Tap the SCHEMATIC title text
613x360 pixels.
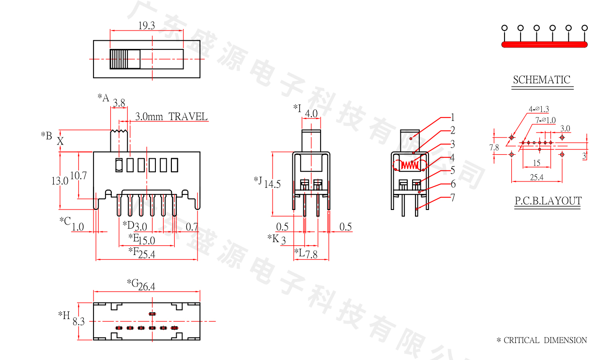542,80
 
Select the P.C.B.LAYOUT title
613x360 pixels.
548,201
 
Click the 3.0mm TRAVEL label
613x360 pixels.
171,117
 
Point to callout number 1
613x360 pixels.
453,117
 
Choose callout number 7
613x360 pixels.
453,197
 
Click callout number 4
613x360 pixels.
452,158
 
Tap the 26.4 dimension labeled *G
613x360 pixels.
146,286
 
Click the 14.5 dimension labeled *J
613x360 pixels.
272,184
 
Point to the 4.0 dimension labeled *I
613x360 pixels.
312,114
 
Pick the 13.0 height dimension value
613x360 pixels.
60,181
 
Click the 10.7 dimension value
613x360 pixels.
78,176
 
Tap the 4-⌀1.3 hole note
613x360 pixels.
539,109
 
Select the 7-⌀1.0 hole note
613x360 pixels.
546,120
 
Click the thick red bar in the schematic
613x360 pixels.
545,45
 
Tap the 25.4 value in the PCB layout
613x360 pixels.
536,178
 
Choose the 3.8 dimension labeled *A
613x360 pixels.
119,103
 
